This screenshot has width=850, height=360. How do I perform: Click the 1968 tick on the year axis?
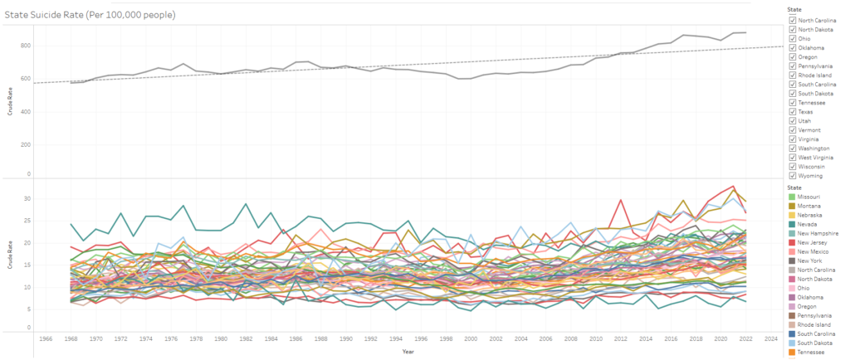(x=71, y=339)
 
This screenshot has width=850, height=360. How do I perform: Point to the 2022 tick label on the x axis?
(x=745, y=339)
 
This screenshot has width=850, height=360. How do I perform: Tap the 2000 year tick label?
(x=471, y=339)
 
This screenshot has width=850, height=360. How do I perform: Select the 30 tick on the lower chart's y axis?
(x=27, y=199)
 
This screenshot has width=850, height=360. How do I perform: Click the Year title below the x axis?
(x=408, y=352)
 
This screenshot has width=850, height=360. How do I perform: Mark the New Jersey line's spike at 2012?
(x=620, y=200)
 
